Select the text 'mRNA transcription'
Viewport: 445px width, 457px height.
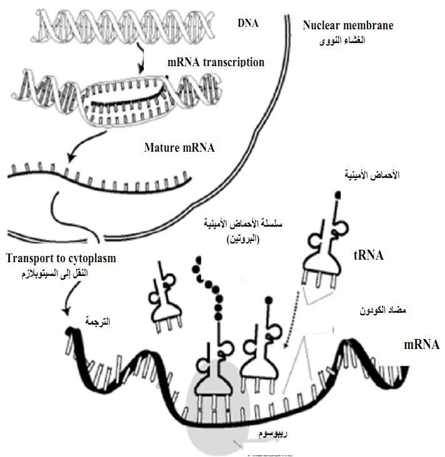click(216, 62)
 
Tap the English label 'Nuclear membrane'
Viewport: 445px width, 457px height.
click(347, 26)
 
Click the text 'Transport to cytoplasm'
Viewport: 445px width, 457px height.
click(62, 258)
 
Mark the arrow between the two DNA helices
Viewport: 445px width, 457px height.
click(141, 61)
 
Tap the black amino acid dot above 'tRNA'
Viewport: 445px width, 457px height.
click(339, 195)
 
